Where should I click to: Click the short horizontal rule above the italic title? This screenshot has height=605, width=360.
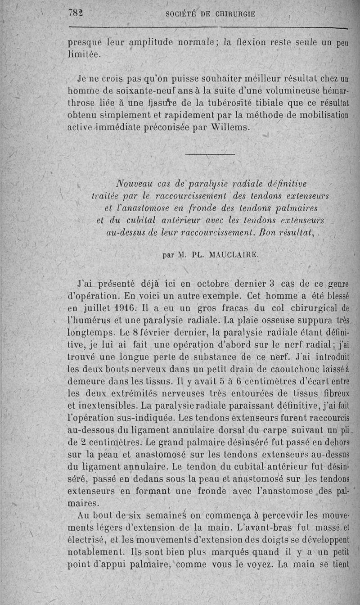[x=210, y=155]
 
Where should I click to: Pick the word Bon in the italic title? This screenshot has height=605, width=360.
[x=264, y=233]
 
